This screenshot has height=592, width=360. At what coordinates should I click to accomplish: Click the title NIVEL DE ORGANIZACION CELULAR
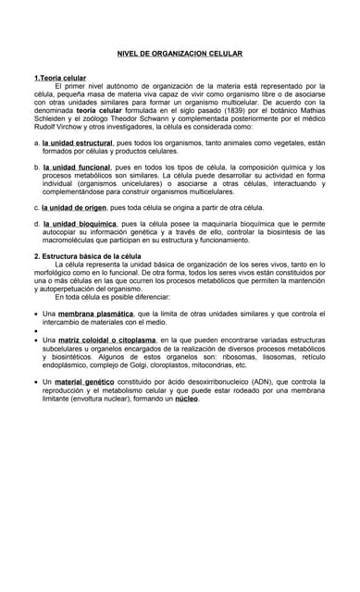click(180, 54)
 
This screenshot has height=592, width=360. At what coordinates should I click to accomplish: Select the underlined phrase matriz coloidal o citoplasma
click(106, 340)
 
